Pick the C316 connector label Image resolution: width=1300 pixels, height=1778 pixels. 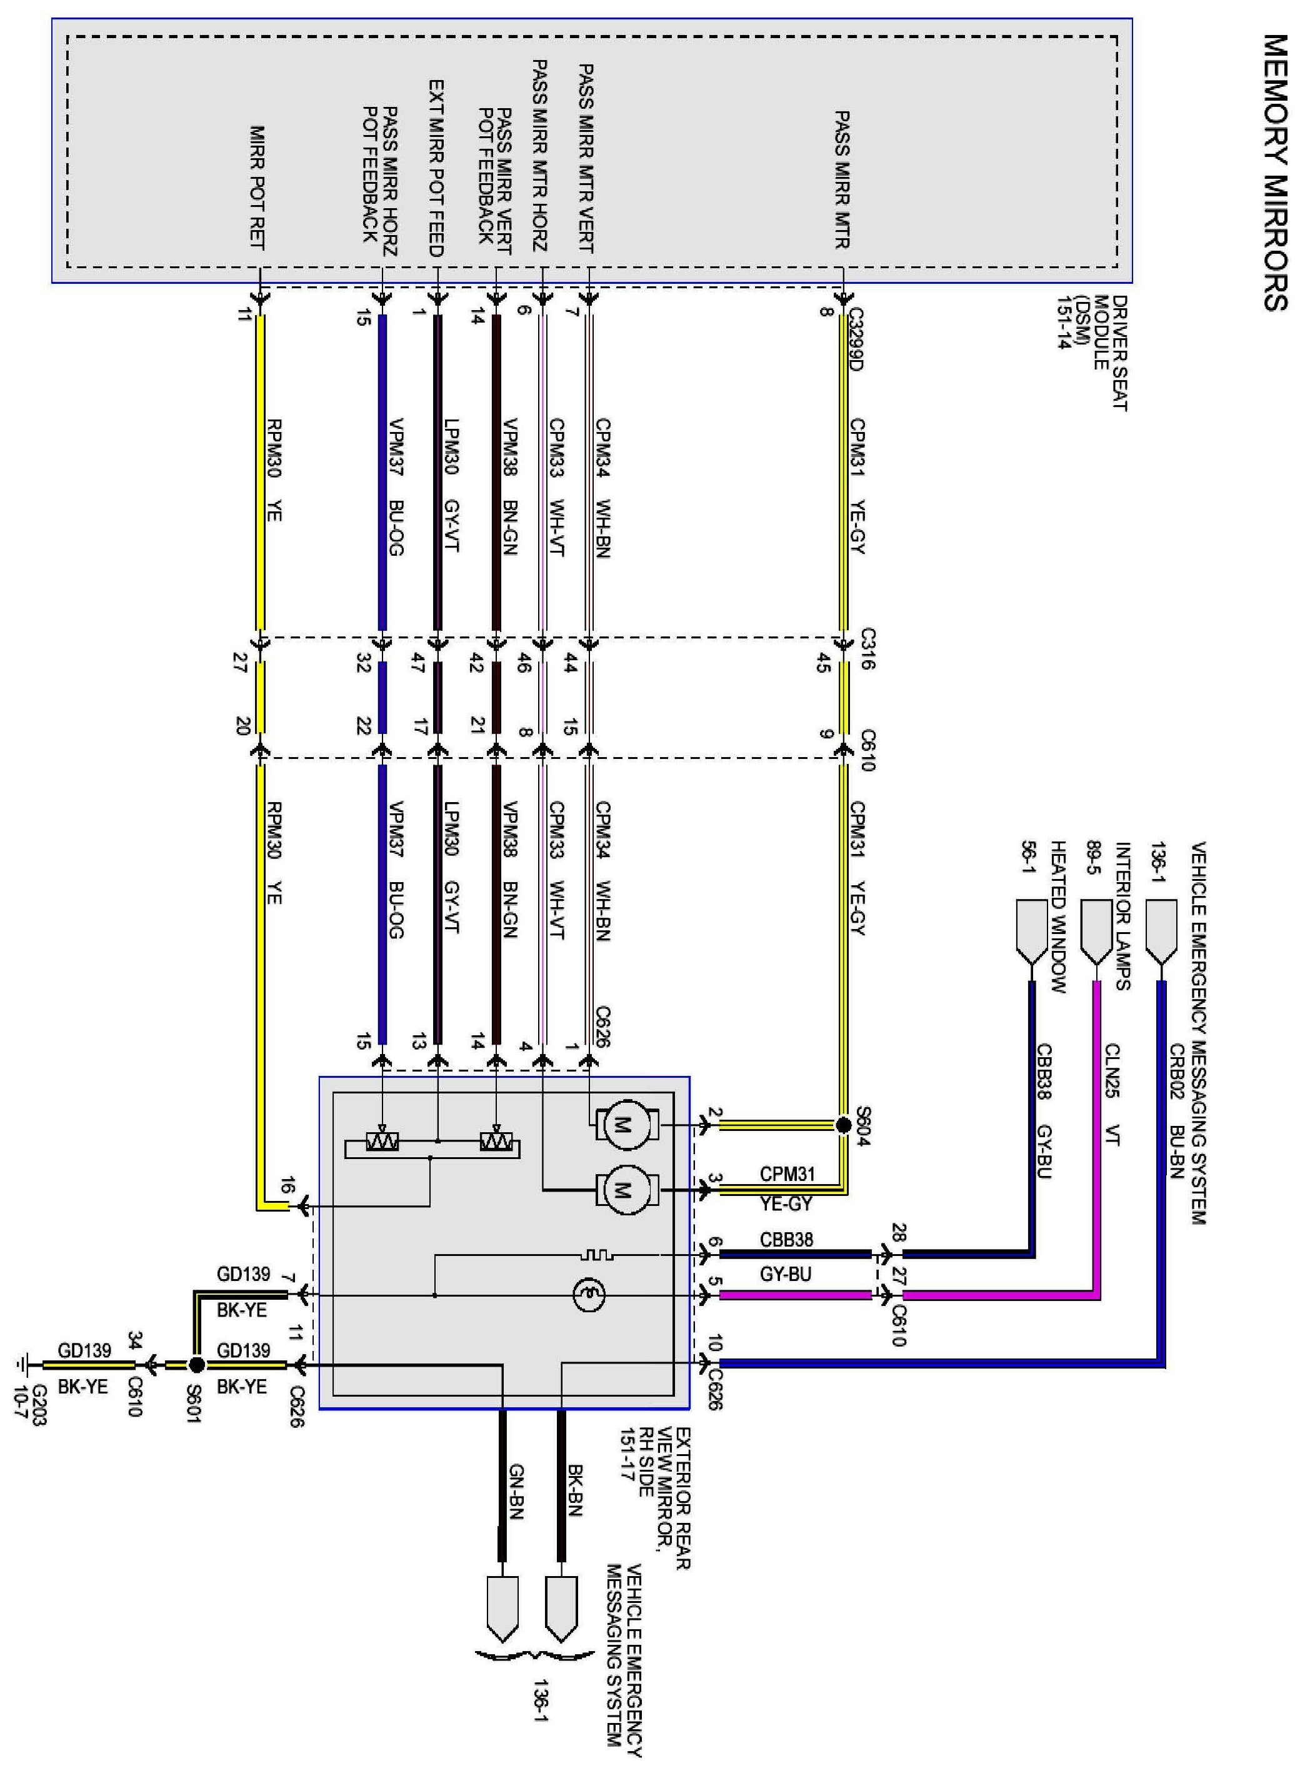[868, 648]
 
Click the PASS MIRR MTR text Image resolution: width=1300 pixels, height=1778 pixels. [841, 179]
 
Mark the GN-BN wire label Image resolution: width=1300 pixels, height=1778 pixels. [516, 1492]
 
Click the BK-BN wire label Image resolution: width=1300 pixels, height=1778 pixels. [574, 1492]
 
